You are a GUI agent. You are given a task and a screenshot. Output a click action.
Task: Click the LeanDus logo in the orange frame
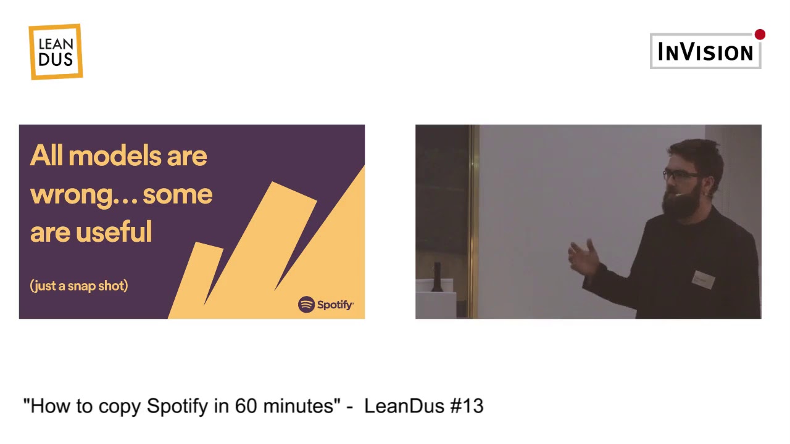pos(56,52)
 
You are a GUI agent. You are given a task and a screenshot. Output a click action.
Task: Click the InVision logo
pos(705,52)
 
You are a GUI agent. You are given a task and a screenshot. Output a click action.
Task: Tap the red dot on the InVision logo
pos(760,35)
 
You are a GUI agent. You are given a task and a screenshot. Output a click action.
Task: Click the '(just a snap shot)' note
pos(79,286)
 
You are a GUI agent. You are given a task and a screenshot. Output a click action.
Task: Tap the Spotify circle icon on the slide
pos(306,305)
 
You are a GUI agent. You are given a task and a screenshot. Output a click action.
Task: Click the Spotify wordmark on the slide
pos(335,305)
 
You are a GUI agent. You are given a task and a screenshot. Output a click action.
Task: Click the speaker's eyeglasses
pos(681,176)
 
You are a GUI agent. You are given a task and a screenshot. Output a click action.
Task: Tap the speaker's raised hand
pos(583,257)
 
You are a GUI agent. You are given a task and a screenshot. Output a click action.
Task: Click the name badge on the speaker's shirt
pos(703,279)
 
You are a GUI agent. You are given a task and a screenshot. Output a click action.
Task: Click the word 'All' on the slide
pos(47,155)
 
